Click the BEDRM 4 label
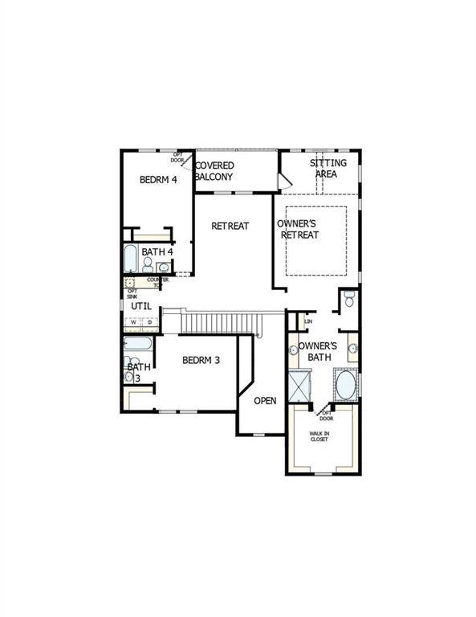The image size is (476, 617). [x=158, y=180]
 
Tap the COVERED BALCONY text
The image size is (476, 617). [x=214, y=171]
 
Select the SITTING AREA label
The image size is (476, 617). [x=328, y=169]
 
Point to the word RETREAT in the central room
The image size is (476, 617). [x=230, y=226]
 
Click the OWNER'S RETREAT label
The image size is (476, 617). [x=298, y=229]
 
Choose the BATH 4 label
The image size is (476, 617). [x=157, y=252]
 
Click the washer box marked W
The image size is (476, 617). [x=134, y=323]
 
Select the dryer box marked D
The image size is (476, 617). [x=148, y=323]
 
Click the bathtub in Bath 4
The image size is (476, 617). [x=131, y=259]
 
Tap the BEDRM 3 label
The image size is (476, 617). [x=201, y=361]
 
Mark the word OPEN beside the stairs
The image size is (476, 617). [x=266, y=401]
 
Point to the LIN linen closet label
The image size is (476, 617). [x=308, y=322]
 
